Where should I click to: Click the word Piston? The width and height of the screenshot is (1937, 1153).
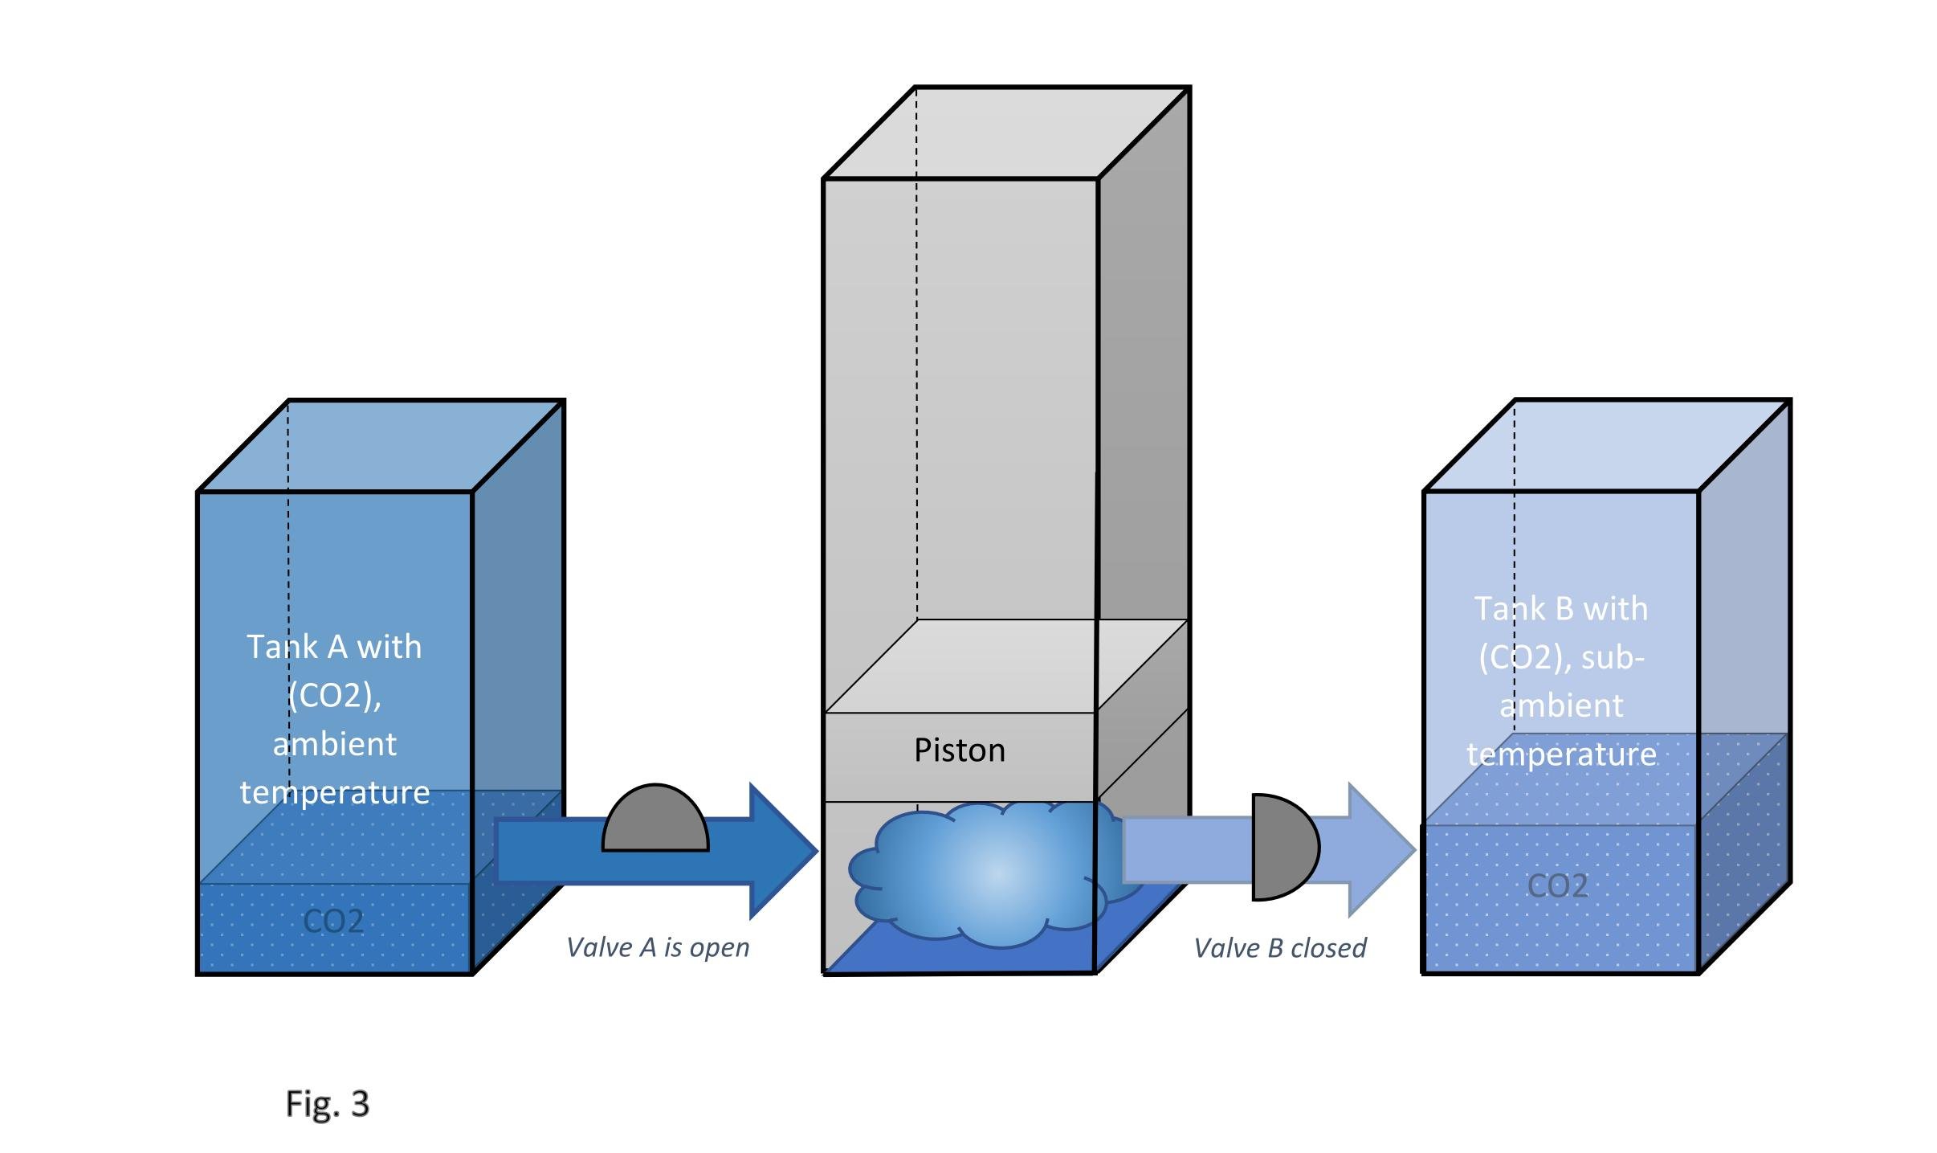(x=959, y=750)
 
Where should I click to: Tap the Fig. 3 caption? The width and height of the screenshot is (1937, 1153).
(x=327, y=1103)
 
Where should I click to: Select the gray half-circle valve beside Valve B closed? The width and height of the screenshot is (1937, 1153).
(x=1282, y=847)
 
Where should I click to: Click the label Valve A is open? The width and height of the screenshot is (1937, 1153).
(x=658, y=947)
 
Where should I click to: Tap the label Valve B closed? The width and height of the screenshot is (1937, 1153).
(x=1280, y=948)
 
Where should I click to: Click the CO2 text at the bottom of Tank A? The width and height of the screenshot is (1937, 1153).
(x=333, y=921)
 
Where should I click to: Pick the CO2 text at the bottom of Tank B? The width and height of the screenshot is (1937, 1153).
(x=1557, y=885)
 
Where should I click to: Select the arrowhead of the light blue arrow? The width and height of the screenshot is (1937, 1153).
(x=1377, y=849)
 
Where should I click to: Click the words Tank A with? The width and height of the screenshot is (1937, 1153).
(x=334, y=647)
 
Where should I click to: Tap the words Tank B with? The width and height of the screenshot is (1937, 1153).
(x=1560, y=609)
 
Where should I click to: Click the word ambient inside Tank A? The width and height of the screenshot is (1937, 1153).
(x=334, y=744)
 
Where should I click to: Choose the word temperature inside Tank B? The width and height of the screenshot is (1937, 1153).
(x=1561, y=754)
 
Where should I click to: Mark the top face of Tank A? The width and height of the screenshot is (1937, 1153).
(x=381, y=445)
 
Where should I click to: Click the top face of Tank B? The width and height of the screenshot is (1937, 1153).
(x=1607, y=445)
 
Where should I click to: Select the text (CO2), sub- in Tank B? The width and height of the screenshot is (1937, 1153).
(x=1561, y=658)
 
